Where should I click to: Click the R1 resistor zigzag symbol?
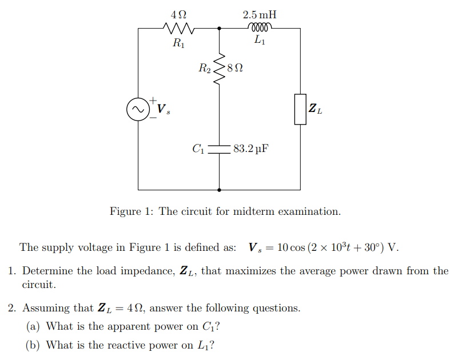pos(180,27)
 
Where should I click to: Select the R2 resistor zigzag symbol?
pos(220,69)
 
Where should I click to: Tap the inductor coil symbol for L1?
pos(260,27)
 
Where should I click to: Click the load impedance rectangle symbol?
pos(300,109)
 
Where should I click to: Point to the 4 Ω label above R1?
pos(179,12)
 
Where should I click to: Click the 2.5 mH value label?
pos(260,12)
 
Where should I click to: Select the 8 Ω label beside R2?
pos(235,69)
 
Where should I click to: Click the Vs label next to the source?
pos(162,109)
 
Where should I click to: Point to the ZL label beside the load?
pos(315,109)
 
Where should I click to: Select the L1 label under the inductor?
pos(260,41)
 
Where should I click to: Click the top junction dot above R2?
pos(220,27)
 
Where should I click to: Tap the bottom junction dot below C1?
pos(220,189)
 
